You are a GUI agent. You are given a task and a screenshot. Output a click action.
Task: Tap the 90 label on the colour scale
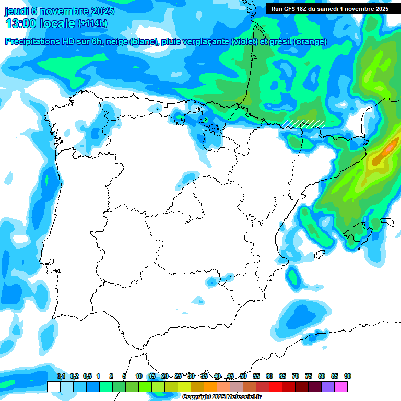(347, 376)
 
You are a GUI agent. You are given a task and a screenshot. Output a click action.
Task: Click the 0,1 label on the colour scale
(61, 376)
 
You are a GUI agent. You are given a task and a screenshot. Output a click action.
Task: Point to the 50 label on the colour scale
(243, 376)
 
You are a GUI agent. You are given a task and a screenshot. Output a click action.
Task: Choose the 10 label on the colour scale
(139, 376)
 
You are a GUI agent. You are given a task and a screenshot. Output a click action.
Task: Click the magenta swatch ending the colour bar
(341, 386)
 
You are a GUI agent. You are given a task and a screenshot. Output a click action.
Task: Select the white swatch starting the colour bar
(53, 386)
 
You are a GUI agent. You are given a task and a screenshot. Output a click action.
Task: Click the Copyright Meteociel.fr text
(221, 397)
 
